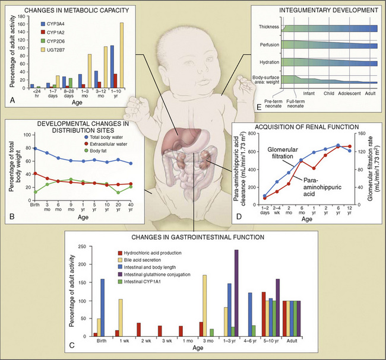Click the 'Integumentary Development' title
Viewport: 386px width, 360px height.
coord(329,11)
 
